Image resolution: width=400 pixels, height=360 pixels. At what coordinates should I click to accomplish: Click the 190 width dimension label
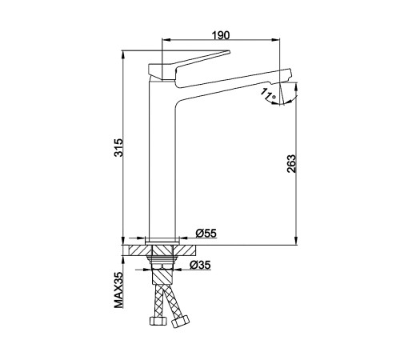point(221,35)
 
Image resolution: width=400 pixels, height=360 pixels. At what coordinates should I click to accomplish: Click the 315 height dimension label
point(118,147)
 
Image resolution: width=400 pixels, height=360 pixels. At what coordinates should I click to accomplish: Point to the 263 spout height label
point(291,163)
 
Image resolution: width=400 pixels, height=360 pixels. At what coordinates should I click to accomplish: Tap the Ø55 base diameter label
point(206,233)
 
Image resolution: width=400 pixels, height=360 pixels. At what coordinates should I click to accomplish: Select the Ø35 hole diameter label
point(200,265)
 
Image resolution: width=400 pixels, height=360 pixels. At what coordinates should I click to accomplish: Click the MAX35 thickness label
point(119,290)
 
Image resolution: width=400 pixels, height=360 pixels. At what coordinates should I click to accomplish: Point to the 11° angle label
point(268,94)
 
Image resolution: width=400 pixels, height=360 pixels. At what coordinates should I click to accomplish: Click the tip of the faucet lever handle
point(230,51)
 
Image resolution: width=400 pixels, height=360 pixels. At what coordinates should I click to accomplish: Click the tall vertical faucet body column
point(162,160)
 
